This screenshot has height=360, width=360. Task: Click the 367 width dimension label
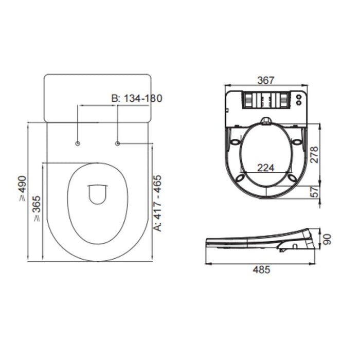266,80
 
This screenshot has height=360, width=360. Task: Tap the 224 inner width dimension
266,168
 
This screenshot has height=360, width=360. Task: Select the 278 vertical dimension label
314,155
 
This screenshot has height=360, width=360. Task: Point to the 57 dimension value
315,192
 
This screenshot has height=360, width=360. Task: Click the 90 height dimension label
327,239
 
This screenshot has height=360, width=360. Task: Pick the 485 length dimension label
261,270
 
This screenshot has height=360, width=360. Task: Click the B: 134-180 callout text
137,98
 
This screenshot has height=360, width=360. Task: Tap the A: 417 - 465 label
157,203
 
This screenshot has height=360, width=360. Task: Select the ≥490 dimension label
23,189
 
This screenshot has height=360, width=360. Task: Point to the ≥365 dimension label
37,208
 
